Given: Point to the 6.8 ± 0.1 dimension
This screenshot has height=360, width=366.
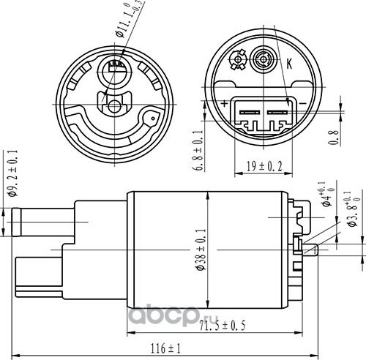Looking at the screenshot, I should tap(198, 150).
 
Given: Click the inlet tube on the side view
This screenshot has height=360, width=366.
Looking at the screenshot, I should tap(44, 221).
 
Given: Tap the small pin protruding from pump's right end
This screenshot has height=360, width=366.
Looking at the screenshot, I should tap(310, 251).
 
